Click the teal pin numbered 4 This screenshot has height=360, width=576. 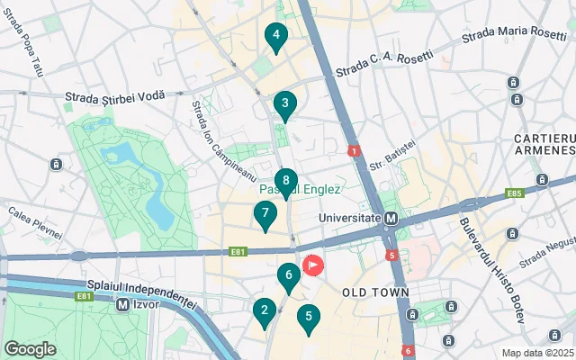[x=275, y=37]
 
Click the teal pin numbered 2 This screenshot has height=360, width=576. [x=264, y=311]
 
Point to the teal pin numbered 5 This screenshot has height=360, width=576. [x=309, y=318]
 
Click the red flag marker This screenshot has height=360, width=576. [x=312, y=265]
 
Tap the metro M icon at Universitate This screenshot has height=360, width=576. [x=391, y=219]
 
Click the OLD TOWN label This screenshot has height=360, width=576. [x=375, y=292]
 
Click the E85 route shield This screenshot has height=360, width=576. [x=516, y=193]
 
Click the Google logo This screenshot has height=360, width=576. [x=30, y=348]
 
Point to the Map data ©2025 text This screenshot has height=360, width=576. [x=537, y=353]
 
